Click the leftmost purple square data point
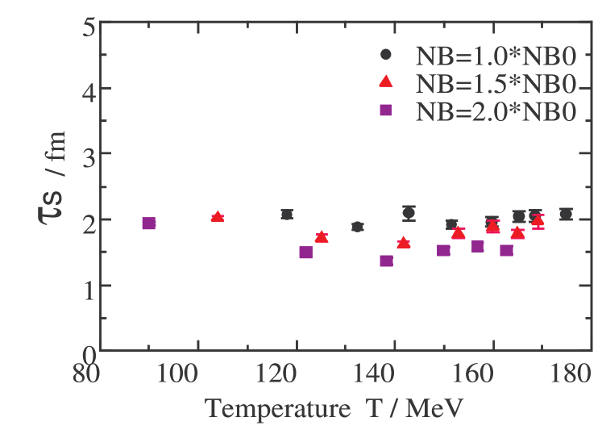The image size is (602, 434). (x=148, y=223)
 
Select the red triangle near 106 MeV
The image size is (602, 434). (x=217, y=217)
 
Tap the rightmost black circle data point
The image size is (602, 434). (x=566, y=214)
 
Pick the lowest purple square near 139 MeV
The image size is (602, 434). (x=386, y=261)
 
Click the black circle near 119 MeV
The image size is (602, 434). (x=287, y=215)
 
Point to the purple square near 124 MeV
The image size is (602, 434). (x=305, y=252)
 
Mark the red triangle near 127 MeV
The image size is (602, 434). (x=322, y=237)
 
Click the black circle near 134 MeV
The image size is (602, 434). (x=357, y=227)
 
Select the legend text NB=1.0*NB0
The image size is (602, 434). (x=496, y=56)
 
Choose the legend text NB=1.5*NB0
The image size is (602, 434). (x=496, y=83)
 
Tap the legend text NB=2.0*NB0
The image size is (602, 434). (x=496, y=111)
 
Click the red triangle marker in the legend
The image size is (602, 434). (x=386, y=81)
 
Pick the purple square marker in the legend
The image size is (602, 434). (x=386, y=111)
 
